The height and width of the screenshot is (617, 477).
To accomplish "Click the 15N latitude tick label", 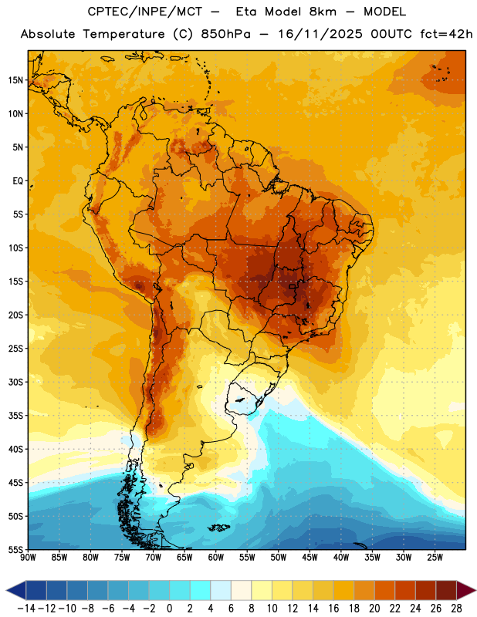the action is pos(15,80).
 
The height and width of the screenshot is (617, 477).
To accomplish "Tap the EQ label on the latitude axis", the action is pos(18,181).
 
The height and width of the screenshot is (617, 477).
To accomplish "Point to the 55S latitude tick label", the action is pos(15,549).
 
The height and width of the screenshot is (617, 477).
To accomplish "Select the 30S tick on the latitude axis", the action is pos(15,382).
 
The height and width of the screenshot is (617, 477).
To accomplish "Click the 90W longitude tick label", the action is pos(29,558).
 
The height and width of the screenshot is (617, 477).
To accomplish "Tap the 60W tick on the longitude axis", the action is pos(216,558).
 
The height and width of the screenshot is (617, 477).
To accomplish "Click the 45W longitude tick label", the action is pos(310,558).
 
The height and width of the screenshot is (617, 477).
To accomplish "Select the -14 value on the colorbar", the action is pos(26,609).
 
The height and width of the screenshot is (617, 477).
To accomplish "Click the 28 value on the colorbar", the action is pos(456,609).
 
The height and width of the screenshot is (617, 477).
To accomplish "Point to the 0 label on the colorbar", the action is pos(169,609).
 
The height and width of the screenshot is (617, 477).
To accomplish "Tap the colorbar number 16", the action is pos(333,609).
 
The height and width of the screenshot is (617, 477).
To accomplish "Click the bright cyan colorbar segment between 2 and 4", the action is pos(200,591).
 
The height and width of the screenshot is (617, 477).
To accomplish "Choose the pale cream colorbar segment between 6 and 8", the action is pos(241,591).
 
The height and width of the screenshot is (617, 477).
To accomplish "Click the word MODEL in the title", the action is pos(384,12).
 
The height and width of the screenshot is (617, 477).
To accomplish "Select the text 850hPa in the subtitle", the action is pos(225,34).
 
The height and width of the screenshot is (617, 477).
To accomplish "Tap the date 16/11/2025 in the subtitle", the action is pos(320,34).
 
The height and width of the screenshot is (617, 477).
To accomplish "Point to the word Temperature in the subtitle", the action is pos(123,35).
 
